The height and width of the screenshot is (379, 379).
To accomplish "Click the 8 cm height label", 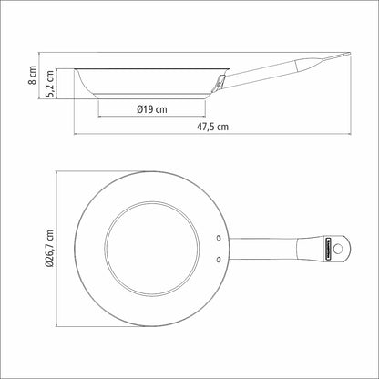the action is pyautogui.click(x=32, y=75).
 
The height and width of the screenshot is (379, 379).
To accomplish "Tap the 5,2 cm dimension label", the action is pyautogui.click(x=50, y=84).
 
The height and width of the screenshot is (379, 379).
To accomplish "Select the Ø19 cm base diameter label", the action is pyautogui.click(x=152, y=109).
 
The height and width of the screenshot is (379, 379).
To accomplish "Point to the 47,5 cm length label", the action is pyautogui.click(x=212, y=127).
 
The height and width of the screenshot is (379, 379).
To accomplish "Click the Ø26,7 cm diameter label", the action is pyautogui.click(x=49, y=249).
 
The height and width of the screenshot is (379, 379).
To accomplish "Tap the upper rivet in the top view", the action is pyautogui.click(x=219, y=238).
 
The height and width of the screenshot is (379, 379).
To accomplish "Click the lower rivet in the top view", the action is pyautogui.click(x=219, y=260).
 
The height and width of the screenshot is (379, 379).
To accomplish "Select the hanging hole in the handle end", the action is pyautogui.click(x=337, y=249).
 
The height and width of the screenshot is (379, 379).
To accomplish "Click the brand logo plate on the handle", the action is pyautogui.click(x=327, y=249).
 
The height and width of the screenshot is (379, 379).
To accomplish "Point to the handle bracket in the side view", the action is pyautogui.click(x=220, y=83).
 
